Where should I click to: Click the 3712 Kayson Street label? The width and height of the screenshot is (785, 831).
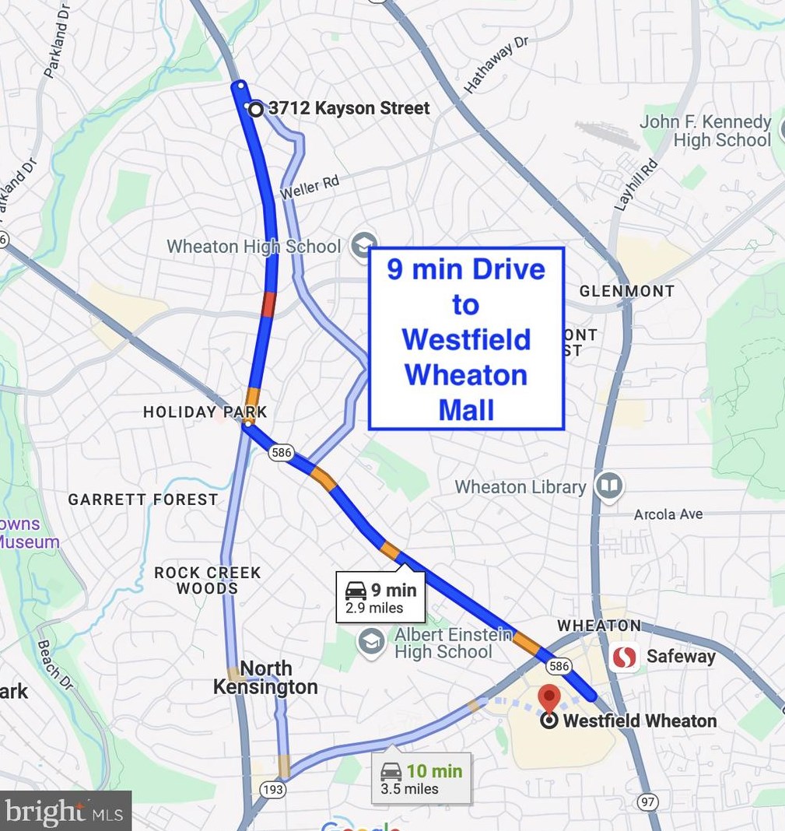(349, 108)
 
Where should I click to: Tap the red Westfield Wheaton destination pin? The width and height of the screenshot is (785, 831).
(550, 698)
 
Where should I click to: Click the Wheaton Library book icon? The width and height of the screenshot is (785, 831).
(609, 486)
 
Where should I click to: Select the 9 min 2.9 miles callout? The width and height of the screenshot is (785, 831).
(380, 598)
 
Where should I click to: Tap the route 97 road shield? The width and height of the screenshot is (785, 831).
(647, 801)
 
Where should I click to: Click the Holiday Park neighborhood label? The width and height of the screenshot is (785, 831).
(205, 412)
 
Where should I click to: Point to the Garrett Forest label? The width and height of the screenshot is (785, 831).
(142, 500)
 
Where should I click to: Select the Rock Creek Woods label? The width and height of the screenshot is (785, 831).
(207, 580)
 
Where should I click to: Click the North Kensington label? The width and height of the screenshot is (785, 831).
(265, 678)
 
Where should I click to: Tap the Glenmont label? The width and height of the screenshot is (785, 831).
(626, 291)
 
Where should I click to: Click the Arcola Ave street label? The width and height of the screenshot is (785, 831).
(668, 514)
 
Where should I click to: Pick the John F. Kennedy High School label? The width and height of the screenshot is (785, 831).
(706, 131)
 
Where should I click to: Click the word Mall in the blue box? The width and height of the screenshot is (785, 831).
(466, 409)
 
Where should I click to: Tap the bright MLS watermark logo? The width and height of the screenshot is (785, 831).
(65, 812)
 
